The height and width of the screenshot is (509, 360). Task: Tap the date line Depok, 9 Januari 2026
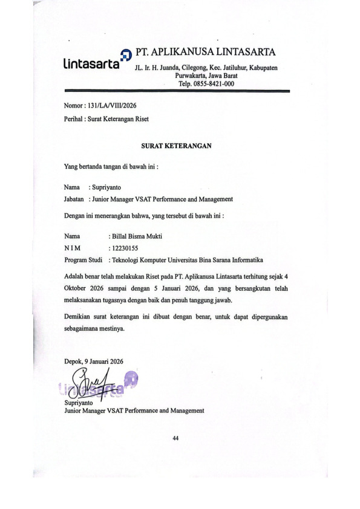pos(93,361)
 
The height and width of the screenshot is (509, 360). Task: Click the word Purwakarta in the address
pos(193,76)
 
